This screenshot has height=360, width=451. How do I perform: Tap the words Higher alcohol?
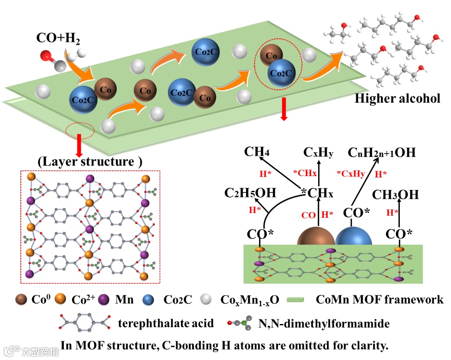pyautogui.click(x=397, y=98)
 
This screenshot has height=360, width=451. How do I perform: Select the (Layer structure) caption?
pyautogui.click(x=90, y=162)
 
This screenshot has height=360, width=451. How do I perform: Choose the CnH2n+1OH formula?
pyautogui.click(x=382, y=152)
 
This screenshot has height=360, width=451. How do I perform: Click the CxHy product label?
pyautogui.click(x=319, y=152)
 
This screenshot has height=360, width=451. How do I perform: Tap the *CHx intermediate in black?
pyautogui.click(x=318, y=193)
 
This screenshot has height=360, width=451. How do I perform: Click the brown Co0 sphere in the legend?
pyautogui.click(x=21, y=299)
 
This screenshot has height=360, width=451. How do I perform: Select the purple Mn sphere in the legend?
pyautogui.click(x=104, y=299)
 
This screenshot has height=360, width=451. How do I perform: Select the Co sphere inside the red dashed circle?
pyautogui.click(x=272, y=55)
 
